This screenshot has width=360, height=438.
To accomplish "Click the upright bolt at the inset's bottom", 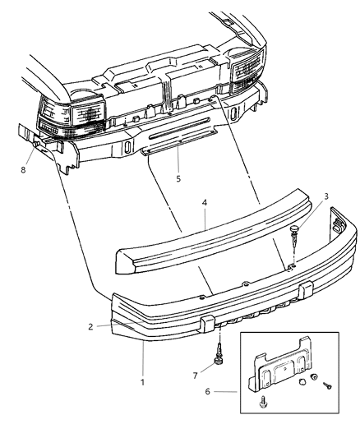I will (x=263, y=404).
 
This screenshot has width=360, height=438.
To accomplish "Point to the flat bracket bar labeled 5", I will (x=176, y=148).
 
